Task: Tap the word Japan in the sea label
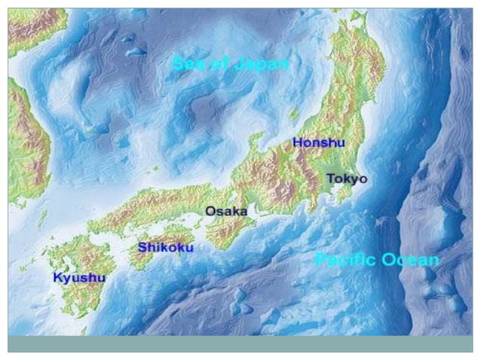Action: coord(261,64)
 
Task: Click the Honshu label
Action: coord(318,142)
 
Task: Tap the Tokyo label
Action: coord(347,178)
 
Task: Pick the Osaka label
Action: coord(226,212)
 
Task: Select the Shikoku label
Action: coord(165,247)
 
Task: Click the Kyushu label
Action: coord(79,277)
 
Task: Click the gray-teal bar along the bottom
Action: coord(240,343)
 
